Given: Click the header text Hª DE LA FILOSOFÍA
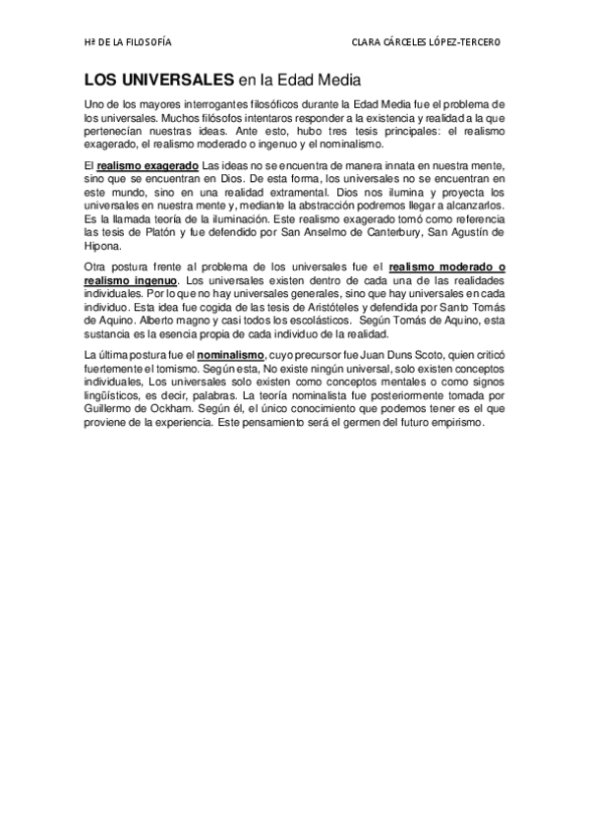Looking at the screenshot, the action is [127, 42].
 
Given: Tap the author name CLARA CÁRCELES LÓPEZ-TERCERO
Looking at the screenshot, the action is [426, 42].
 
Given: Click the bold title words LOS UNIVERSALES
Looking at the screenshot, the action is [157, 78].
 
